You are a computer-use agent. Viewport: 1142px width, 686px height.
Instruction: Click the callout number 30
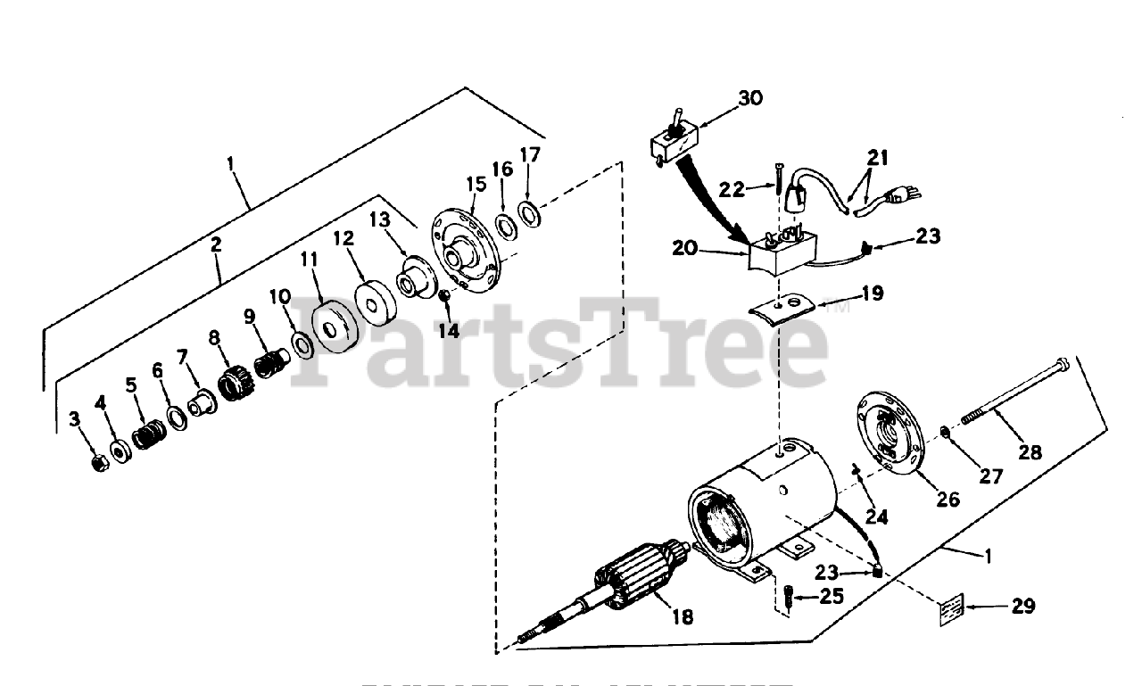tap(751, 98)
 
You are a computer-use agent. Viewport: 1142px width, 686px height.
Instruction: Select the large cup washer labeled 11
tap(336, 325)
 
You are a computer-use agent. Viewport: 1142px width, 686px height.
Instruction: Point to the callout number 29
tap(1023, 607)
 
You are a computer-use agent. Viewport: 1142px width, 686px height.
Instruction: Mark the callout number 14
tap(448, 330)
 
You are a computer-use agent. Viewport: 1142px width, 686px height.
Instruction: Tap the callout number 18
tap(683, 616)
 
